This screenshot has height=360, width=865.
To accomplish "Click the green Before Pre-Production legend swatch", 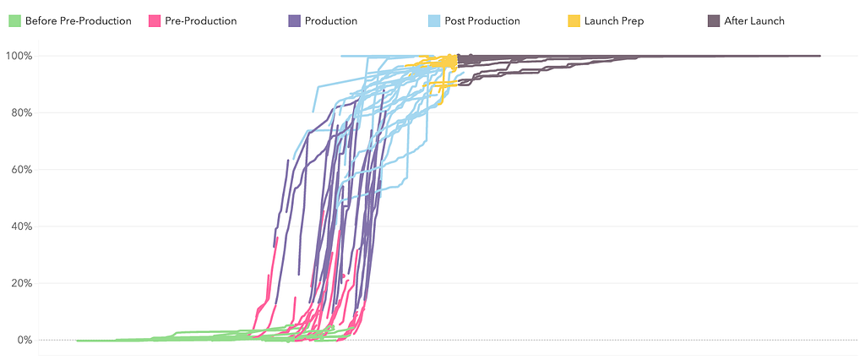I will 14,20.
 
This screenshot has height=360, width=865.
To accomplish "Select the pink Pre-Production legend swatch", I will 154,20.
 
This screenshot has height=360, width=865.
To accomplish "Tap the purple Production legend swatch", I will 294,20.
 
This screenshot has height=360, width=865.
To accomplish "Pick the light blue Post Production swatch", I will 434,20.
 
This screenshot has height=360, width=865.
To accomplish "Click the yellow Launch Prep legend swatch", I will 574,20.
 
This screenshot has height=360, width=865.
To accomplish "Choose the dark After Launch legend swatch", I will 714,20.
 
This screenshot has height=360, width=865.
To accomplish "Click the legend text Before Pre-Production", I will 79,20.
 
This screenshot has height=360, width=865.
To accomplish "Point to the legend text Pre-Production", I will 201,20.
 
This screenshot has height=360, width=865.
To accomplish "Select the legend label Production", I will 331,20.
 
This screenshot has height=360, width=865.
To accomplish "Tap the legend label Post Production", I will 482,20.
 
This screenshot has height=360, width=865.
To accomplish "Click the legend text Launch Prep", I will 614,20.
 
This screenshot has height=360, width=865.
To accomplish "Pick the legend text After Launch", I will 754,20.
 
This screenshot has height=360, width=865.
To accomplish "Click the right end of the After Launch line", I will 819,56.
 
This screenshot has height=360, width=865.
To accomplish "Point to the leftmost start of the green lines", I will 77,341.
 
